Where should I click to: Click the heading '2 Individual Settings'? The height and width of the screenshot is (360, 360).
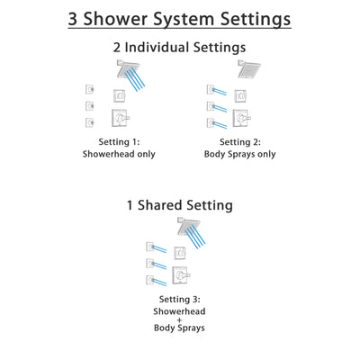point(180,47)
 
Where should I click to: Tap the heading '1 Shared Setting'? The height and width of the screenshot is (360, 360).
point(180,205)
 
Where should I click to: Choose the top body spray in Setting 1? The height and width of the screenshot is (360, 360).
point(87,88)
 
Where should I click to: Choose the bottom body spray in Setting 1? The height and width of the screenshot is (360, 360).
point(87,121)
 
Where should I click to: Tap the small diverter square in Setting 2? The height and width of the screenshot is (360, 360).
point(242,95)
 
